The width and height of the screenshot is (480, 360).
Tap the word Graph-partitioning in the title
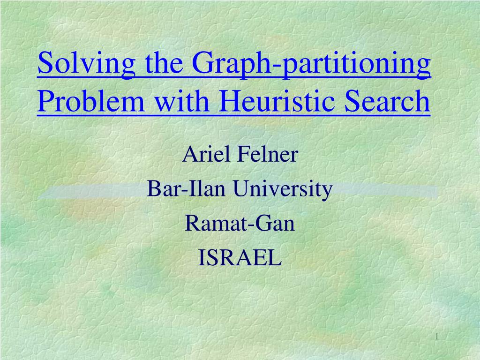coord(311,64)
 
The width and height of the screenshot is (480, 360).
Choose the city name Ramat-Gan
coord(240,223)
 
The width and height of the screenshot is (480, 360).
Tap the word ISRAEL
coord(240,257)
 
